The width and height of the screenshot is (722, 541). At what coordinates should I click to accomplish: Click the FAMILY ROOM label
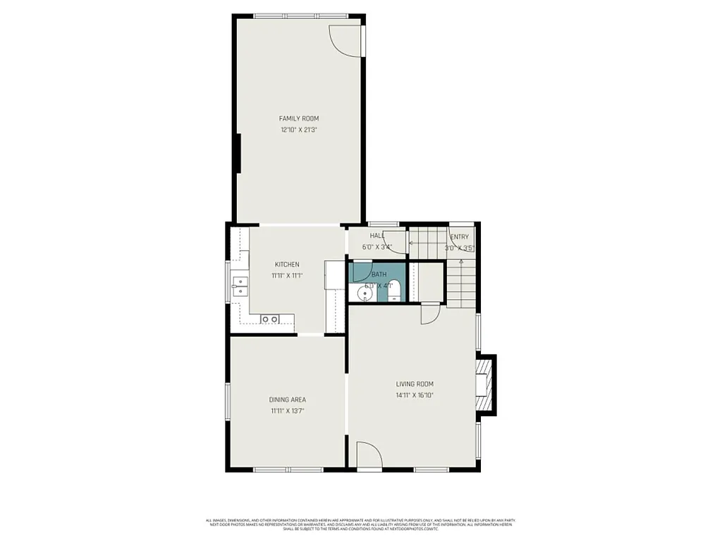point(298,118)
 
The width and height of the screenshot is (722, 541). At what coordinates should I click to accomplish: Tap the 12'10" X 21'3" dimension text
point(298,130)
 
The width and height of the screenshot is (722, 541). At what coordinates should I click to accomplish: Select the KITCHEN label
point(287,264)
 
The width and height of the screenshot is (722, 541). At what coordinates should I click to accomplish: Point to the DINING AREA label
point(287,399)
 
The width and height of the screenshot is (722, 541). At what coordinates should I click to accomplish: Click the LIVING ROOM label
point(415,384)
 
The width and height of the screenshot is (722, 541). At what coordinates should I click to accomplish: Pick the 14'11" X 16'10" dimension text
point(415,395)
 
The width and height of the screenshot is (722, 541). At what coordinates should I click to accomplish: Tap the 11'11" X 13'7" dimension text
point(287,411)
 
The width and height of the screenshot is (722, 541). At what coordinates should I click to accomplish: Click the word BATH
point(379,274)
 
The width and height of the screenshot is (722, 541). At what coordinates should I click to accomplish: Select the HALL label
point(377,236)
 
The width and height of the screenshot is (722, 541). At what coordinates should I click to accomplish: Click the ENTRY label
point(459,237)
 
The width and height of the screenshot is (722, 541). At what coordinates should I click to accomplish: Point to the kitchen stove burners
point(269,319)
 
